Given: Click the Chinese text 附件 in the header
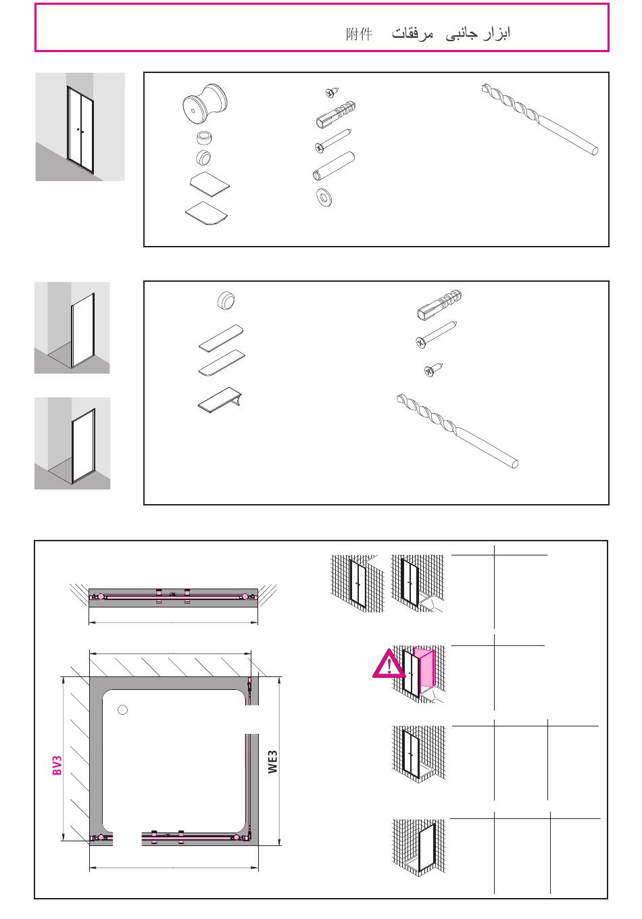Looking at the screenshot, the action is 359,34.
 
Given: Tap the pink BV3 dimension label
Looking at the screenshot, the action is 57,765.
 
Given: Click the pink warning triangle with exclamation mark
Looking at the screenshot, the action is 388,664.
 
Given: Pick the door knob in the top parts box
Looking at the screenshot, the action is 204,103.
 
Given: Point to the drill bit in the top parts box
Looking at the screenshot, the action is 539,119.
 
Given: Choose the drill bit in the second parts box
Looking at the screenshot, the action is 457,431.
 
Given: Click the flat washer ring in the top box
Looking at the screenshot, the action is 324,197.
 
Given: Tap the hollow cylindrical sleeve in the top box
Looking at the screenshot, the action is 334,166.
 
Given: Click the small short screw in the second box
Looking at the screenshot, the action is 433,369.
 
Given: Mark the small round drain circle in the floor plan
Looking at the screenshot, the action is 122,710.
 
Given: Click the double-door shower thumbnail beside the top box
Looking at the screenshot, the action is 80,127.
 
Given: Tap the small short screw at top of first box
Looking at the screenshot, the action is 332,93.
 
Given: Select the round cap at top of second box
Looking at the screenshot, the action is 226,300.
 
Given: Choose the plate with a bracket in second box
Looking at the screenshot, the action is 220,399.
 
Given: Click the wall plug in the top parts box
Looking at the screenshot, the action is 336,114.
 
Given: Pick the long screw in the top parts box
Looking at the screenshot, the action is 332,141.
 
